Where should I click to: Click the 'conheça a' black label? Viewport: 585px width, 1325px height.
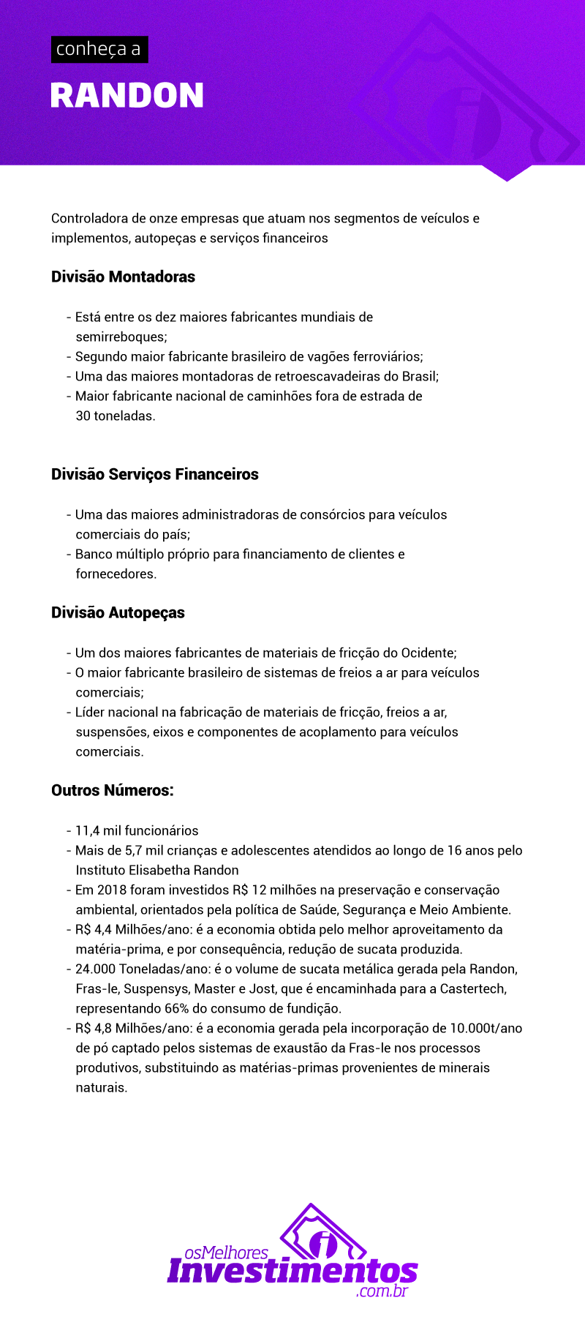coord(99,49)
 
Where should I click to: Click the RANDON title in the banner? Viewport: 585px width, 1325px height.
coord(127,96)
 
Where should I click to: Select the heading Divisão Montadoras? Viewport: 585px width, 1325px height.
coord(123,277)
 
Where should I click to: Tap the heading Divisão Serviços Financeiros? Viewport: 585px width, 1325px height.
coord(155,474)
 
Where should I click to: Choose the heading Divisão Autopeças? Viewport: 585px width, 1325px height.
coord(118,612)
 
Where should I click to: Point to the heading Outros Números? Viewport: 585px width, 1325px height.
coord(113,790)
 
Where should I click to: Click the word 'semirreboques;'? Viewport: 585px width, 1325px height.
coord(121,337)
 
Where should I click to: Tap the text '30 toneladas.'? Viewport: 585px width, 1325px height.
coord(116,416)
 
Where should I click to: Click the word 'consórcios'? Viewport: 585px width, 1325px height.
coord(333,514)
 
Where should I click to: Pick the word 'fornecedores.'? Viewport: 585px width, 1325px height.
coord(116,574)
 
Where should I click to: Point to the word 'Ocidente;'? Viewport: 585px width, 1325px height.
coord(429,653)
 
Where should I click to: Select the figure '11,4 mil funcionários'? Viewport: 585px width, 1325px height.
coord(137,830)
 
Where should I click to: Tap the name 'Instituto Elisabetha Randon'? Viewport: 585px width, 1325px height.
coord(157,870)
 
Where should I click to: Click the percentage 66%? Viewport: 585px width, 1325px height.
coord(177,1008)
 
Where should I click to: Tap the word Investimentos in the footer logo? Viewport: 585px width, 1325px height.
coord(292,1272)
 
